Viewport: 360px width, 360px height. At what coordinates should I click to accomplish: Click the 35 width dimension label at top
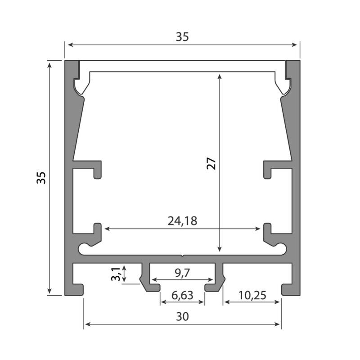click(182, 37)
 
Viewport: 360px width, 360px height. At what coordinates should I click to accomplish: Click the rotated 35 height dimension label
click(41, 177)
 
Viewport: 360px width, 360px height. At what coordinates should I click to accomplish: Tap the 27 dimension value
click(211, 163)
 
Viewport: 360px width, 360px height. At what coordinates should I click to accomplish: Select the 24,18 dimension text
click(182, 221)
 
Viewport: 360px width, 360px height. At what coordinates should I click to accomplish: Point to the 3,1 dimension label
click(116, 274)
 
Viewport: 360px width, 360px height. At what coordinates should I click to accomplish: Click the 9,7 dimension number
click(182, 273)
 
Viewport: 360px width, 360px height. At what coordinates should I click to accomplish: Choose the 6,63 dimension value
click(182, 295)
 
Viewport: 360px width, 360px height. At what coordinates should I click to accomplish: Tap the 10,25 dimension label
click(252, 295)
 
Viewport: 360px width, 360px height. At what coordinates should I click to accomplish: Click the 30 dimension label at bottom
click(183, 316)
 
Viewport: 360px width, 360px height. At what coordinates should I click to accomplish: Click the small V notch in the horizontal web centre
click(182, 256)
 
